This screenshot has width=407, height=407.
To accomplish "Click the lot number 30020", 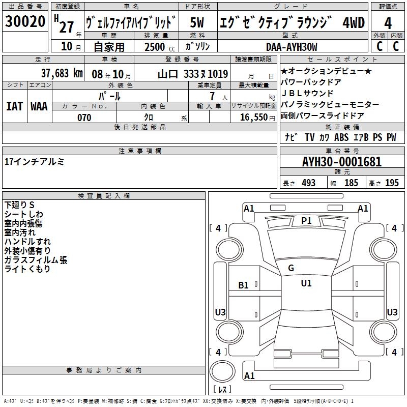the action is [x=25, y=21].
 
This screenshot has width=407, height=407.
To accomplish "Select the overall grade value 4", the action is [x=388, y=23].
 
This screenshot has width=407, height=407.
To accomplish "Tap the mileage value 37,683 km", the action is [x=62, y=73].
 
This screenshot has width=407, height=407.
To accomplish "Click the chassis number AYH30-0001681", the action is [x=342, y=162].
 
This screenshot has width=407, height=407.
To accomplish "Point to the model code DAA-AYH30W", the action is [x=292, y=47].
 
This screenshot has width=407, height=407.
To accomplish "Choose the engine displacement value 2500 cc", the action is [x=160, y=47].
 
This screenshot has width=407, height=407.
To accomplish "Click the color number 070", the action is [x=84, y=118].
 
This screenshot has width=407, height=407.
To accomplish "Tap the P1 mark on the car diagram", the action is [x=306, y=221].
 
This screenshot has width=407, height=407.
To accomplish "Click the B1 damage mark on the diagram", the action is [x=243, y=285].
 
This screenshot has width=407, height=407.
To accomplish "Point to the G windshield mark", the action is [x=291, y=268].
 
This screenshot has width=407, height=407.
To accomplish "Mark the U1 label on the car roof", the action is [x=306, y=283].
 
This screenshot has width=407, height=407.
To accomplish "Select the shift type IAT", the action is [x=14, y=106].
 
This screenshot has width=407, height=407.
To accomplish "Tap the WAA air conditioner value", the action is [x=39, y=106].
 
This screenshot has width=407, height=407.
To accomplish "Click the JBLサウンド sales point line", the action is [x=307, y=93].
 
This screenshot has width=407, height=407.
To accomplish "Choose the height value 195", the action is [x=392, y=183].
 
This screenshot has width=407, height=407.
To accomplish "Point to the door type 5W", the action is [x=197, y=22].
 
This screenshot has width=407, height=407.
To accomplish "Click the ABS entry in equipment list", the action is [x=341, y=137].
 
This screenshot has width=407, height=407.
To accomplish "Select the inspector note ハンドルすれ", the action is [x=27, y=242].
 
